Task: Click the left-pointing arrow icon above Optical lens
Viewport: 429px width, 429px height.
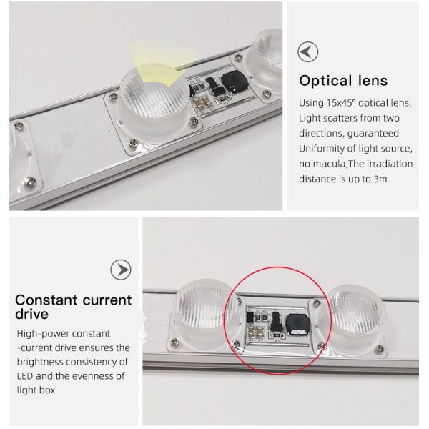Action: click(307, 51)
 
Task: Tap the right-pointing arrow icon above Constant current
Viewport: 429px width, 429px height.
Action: click(121, 270)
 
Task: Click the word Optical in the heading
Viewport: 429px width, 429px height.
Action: click(325, 81)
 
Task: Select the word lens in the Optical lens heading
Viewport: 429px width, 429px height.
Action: click(373, 81)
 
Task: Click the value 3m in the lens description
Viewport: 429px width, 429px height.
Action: click(380, 179)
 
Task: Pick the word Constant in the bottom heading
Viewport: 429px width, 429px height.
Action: click(46, 300)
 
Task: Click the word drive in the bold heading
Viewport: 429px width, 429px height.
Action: click(31, 314)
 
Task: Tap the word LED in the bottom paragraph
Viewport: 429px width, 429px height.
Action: click(25, 376)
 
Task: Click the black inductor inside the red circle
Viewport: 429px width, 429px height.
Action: click(298, 324)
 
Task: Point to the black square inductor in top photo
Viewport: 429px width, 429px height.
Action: click(235, 81)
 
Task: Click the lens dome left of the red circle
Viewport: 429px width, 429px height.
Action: click(203, 315)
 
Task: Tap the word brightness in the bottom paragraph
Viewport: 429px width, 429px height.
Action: click(40, 362)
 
